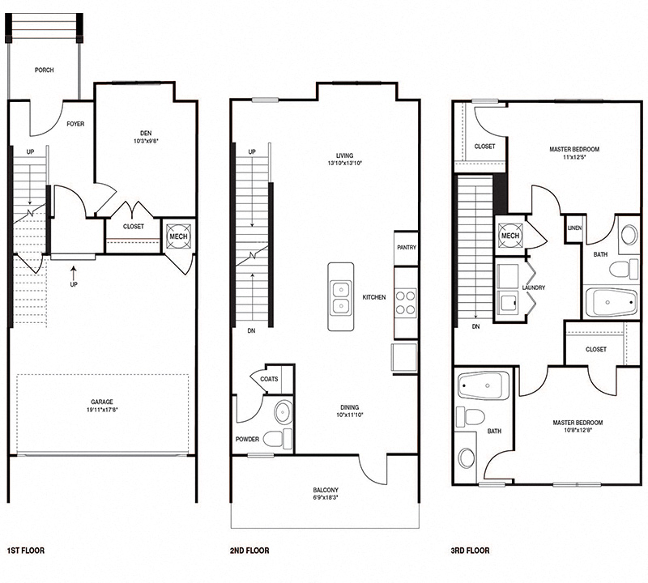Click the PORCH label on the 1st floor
coord(44,70)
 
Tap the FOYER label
coord(75,124)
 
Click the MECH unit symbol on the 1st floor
coord(177,236)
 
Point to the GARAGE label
coord(102,402)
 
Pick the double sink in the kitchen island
coord(341,296)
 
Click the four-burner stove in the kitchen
coord(405,302)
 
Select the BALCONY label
coord(326,491)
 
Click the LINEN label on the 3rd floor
coord(574,228)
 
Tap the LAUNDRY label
coord(534,287)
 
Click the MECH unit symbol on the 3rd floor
coord(509,235)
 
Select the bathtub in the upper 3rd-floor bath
coord(612,304)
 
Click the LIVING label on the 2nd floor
coord(349,155)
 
